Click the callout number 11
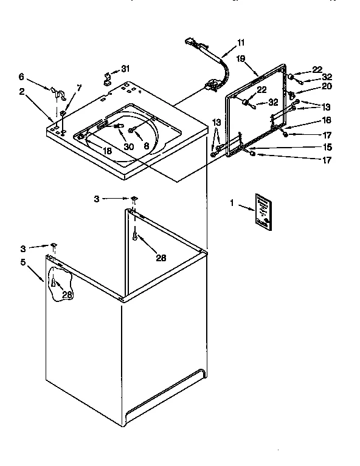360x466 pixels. pos(241,42)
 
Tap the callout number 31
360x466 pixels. pos(125,67)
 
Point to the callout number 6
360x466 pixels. pos(21,77)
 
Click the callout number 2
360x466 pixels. pos(21,92)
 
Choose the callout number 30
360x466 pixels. pos(128,146)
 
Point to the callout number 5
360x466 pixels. pos(24,262)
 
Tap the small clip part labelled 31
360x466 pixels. pos(108,77)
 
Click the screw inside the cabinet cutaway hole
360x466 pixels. pos(54,283)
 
